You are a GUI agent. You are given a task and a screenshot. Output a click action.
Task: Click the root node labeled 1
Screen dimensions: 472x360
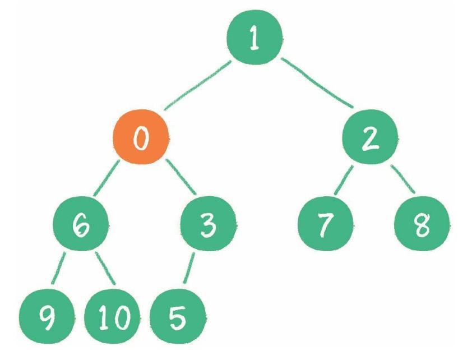point(254,37)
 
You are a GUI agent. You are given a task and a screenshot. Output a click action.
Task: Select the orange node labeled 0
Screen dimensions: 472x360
point(141,137)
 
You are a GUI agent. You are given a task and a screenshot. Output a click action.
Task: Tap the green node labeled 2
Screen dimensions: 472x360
point(370,137)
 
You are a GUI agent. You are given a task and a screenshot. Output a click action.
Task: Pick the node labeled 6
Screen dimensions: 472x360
point(81,224)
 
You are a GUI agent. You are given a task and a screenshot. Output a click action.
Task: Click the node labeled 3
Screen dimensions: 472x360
point(208,224)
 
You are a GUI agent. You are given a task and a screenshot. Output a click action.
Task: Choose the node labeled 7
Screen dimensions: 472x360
point(325,224)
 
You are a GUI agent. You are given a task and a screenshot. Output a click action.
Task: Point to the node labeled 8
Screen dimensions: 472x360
point(422,224)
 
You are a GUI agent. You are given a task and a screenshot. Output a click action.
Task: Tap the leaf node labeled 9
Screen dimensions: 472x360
point(47,316)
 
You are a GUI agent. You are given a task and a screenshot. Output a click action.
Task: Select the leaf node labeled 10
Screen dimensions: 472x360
point(112,316)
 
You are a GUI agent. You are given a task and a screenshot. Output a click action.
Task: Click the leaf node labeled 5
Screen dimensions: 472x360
point(178,316)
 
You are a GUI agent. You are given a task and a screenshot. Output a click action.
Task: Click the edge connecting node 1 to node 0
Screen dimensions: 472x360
point(198,85)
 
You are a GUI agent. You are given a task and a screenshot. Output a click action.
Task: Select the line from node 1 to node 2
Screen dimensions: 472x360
point(317,82)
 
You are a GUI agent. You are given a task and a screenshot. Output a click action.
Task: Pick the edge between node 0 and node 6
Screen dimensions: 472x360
point(107,178)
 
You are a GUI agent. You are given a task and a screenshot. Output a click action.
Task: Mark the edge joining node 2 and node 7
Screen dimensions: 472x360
point(344,180)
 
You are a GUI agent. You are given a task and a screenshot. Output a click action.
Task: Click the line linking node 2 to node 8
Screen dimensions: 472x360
point(402,179)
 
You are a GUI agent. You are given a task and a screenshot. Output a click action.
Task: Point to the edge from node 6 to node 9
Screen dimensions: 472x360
point(58,268)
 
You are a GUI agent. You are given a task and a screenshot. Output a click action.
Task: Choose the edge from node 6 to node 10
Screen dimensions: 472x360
point(105,268)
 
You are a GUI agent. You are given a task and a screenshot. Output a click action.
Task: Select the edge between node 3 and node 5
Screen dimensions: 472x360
point(189,268)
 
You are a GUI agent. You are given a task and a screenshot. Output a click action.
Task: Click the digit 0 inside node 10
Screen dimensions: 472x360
point(122,317)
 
